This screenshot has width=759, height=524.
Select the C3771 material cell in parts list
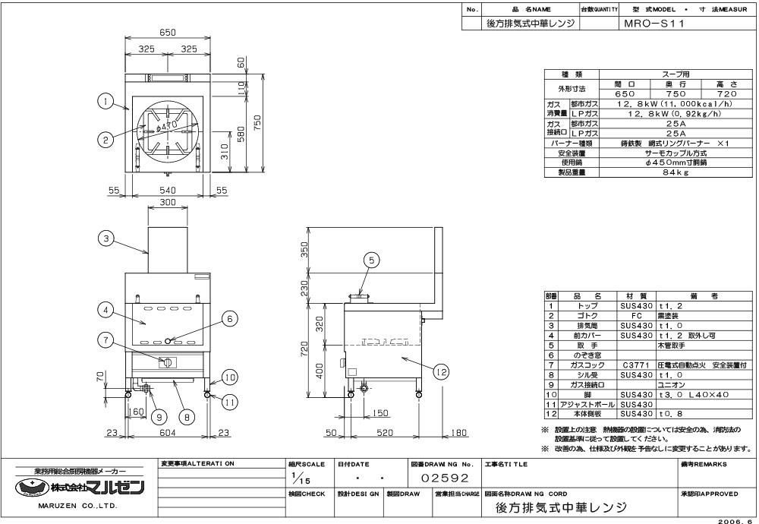636,365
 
